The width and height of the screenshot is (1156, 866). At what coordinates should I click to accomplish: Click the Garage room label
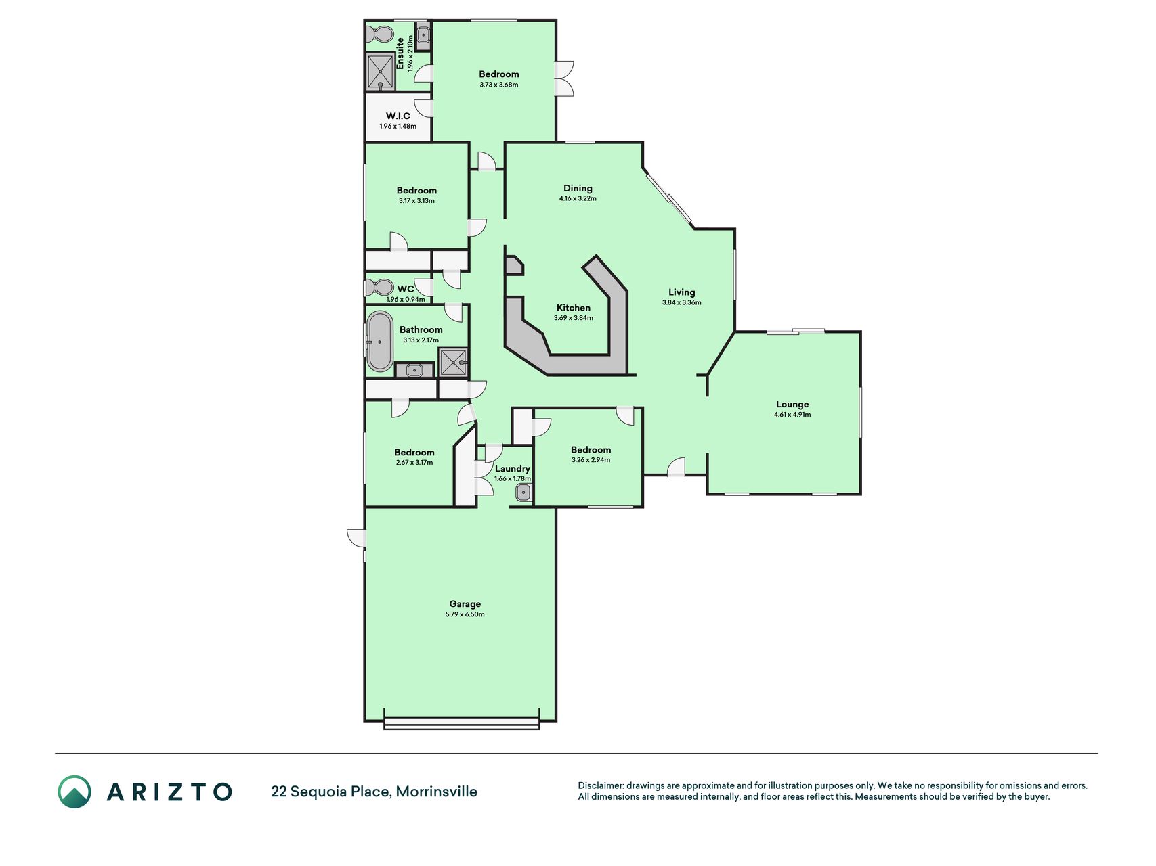tap(465, 604)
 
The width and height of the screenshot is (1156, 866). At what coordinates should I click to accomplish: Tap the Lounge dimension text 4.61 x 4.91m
tap(792, 415)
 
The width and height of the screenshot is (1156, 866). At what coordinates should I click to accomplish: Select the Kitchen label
tap(574, 308)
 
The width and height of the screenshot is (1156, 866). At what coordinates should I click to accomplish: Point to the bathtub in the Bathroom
tap(380, 342)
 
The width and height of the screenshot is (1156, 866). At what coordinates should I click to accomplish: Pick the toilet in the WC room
tap(379, 288)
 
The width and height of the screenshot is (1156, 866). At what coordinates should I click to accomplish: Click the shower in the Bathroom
tap(453, 362)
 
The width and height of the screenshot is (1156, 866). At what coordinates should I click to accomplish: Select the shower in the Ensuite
tap(381, 72)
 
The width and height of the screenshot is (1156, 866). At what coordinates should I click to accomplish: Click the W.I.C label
tap(398, 116)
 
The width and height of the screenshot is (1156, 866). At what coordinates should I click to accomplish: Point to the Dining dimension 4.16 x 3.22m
tap(578, 199)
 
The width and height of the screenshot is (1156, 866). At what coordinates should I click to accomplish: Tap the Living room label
tap(682, 292)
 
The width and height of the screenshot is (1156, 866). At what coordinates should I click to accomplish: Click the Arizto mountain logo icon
tap(74, 792)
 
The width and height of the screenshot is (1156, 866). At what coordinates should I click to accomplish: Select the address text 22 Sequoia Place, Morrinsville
tap(374, 792)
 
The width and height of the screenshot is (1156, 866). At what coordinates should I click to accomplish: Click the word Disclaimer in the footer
tap(600, 785)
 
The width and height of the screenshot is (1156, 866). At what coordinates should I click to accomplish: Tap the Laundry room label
tap(513, 468)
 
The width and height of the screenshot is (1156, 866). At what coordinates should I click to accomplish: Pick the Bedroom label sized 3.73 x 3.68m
tap(499, 74)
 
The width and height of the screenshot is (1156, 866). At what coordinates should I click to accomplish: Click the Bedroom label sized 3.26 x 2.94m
tap(591, 450)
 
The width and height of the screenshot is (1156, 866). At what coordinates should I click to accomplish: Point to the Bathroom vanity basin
tap(414, 370)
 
